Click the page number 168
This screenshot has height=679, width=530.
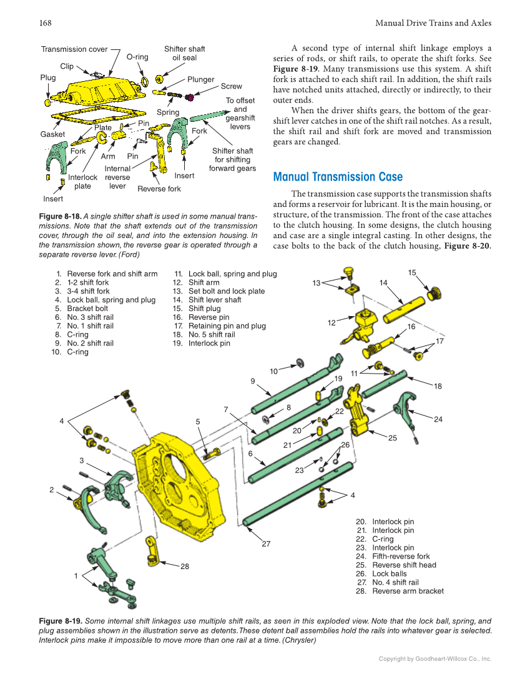45,23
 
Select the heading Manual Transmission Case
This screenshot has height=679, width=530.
338,177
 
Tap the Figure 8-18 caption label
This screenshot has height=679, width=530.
60,217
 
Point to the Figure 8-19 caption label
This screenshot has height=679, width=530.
60,622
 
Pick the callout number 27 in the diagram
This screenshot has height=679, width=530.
266,544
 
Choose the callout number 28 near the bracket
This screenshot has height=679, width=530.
185,566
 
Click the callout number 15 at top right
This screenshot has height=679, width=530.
412,272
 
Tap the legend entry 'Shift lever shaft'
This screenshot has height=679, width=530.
214,300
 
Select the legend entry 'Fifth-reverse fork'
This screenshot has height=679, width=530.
401,557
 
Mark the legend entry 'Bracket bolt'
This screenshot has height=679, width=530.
87,309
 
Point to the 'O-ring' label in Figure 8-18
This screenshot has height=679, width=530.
137,57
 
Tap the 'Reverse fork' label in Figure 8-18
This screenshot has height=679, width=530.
159,189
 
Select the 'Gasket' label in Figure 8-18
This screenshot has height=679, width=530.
52,134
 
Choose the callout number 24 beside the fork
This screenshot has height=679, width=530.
438,419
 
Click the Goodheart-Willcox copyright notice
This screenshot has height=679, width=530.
435,658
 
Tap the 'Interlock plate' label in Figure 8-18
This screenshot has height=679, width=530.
82,182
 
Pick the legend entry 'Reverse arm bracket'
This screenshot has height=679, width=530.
408,591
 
